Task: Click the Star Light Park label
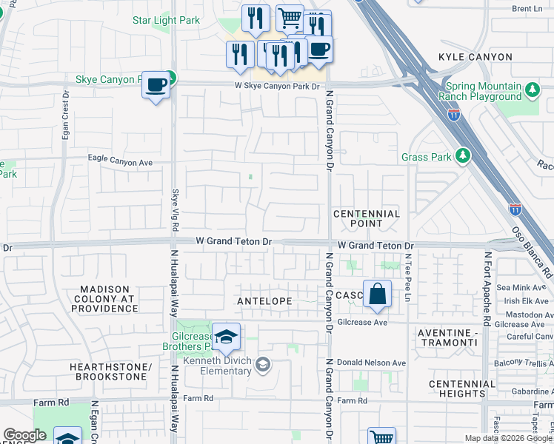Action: click(166, 20)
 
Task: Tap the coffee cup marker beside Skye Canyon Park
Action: click(156, 86)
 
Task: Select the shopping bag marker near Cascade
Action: click(377, 294)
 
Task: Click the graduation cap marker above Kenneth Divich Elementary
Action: click(226, 337)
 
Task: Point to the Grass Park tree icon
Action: click(463, 156)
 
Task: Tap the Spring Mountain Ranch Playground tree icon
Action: click(531, 90)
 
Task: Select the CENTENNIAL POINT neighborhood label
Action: click(366, 218)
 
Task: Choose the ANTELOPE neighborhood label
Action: click(264, 301)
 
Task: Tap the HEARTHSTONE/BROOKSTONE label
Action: click(110, 372)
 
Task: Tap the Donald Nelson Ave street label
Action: click(371, 363)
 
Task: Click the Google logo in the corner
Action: click(24, 435)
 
